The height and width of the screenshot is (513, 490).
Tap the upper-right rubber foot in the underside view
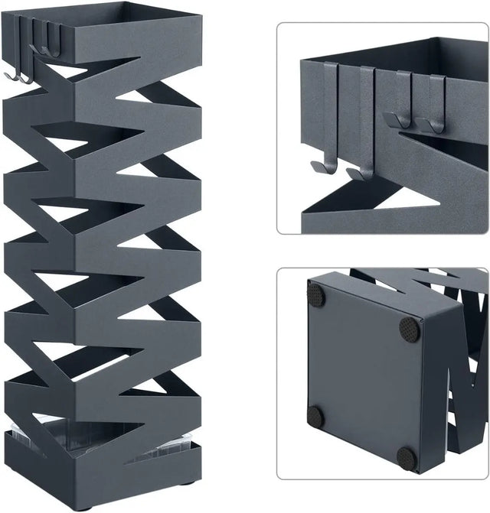[410, 328]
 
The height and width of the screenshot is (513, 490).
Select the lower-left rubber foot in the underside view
[315, 417]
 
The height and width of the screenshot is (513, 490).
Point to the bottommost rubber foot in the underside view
[407, 457]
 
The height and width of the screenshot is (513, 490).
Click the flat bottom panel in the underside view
[360, 375]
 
